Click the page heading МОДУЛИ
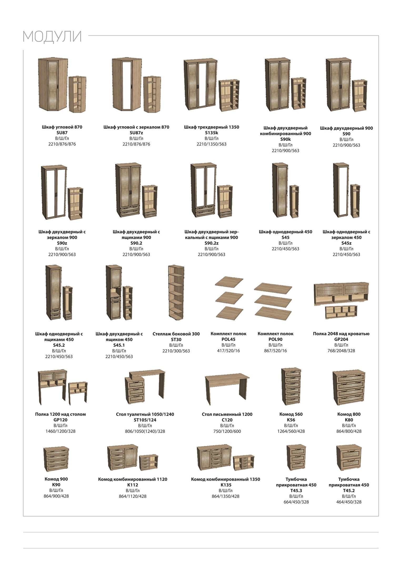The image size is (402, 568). (52, 37)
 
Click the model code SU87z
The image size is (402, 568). (136, 133)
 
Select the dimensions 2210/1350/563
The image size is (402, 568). (212, 144)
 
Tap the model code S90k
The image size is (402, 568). (285, 139)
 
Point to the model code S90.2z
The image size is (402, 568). (212, 243)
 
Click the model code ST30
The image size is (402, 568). (176, 340)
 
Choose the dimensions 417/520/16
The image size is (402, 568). (228, 351)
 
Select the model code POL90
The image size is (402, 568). (275, 339)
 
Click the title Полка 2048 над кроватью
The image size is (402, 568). (341, 334)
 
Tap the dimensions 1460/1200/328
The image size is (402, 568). (61, 431)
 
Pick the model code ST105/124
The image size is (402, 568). (145, 420)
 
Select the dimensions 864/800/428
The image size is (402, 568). (349, 431)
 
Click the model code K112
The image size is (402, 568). (133, 485)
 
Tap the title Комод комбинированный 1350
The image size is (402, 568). (225, 479)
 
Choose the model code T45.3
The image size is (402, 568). (296, 491)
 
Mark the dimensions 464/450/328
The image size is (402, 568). (349, 502)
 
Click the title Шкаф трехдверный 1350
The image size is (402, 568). (212, 127)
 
